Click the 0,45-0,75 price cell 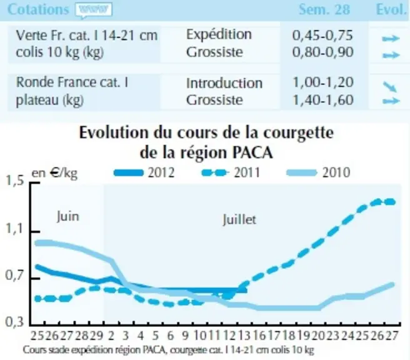pos(322,35)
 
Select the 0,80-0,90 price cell pos(322,52)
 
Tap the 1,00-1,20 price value pos(323,82)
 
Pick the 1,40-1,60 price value pos(323,100)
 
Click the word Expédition pos(219,35)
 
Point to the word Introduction pos(224,83)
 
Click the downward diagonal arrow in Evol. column pos(390,87)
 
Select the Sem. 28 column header pos(324,9)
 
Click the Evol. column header pos(391,9)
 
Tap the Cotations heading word pos(38,9)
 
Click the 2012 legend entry pos(144,172)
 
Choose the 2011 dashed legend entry pos(231,172)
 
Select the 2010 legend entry pos(318,172)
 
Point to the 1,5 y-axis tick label pos(14,181)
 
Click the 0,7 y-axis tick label pos(14,276)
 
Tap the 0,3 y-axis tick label pos(14,322)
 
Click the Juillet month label pos(239,219)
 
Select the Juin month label pos(67,217)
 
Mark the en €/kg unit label pos(54,173)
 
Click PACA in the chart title pos(252,152)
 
